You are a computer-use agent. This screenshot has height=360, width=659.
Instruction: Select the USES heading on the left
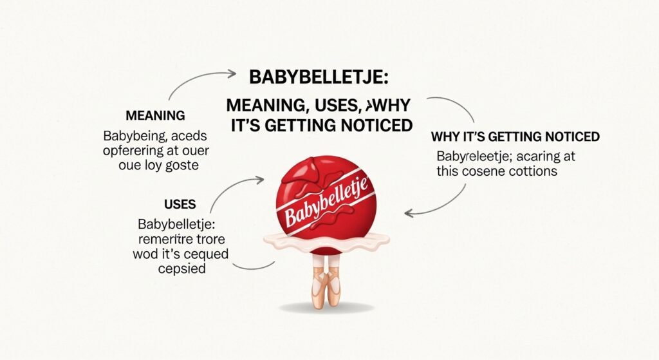point(180,205)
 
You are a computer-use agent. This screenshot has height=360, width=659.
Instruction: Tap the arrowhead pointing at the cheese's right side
point(408,213)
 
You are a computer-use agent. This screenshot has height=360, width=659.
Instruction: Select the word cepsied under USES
point(181,269)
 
